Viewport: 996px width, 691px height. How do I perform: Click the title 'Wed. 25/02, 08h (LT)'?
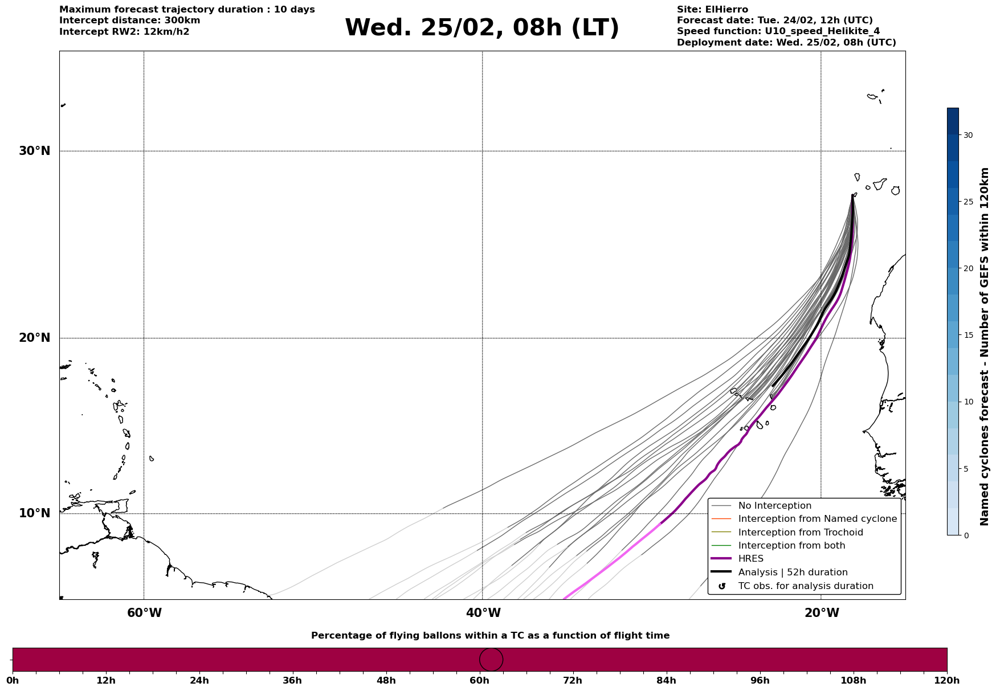click(481, 28)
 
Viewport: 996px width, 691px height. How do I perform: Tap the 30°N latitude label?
click(34, 151)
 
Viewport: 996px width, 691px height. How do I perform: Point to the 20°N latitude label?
click(34, 338)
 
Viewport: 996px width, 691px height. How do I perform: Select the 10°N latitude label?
click(34, 513)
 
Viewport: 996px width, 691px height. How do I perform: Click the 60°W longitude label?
click(144, 613)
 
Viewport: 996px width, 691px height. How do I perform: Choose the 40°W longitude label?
click(483, 613)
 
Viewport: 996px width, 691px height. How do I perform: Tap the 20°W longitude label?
click(822, 613)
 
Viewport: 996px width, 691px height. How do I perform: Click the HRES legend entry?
click(750, 559)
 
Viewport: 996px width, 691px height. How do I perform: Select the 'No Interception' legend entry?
click(774, 506)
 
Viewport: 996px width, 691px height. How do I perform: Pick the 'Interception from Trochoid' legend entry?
click(800, 533)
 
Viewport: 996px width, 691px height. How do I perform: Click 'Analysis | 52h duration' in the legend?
click(793, 573)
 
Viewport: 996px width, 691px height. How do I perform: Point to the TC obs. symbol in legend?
click(722, 586)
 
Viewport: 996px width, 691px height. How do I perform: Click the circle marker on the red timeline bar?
click(491, 660)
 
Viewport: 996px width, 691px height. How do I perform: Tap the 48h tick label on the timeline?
click(386, 681)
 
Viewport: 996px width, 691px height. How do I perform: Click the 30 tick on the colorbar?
click(968, 135)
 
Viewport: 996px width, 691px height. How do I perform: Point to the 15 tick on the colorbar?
click(968, 335)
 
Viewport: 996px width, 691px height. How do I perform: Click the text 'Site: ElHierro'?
click(712, 10)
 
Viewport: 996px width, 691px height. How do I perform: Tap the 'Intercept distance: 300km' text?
click(129, 21)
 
